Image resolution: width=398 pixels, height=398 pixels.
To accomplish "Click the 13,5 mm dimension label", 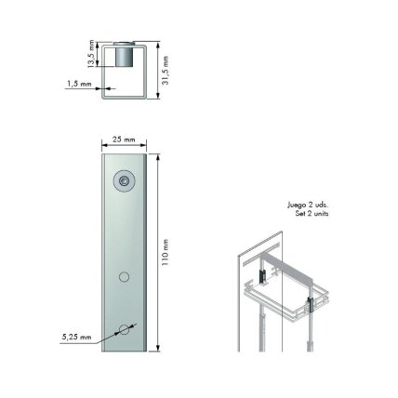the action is [90, 53].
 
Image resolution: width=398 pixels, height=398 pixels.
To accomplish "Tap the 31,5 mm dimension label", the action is [166, 71].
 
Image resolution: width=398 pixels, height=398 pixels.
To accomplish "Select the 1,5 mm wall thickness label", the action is [79, 84].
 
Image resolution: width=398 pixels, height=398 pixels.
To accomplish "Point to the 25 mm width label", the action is [124, 139].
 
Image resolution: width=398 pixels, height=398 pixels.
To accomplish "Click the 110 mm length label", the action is [166, 252].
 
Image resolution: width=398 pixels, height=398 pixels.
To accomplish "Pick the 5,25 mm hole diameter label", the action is [76, 337].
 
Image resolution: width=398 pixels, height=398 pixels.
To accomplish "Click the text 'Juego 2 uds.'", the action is [308, 206].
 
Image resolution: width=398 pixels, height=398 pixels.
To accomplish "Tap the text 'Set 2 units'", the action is [312, 214].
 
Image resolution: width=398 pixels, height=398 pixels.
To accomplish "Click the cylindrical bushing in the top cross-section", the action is [124, 55].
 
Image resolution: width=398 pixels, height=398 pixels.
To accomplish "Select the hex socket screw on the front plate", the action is [124, 180].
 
